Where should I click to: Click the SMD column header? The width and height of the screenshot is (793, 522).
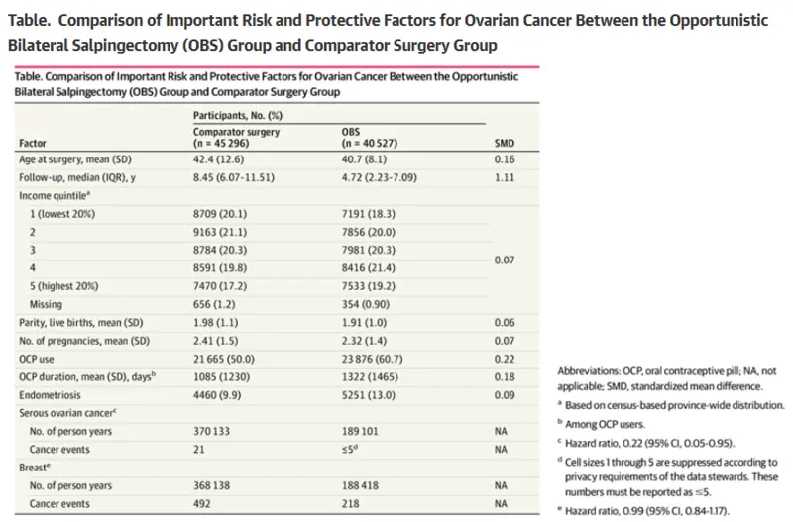click(x=505, y=143)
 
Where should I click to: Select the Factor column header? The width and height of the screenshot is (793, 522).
click(x=33, y=143)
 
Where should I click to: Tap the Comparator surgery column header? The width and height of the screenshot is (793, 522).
click(x=236, y=138)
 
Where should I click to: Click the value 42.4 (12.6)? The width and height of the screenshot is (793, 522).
click(x=218, y=159)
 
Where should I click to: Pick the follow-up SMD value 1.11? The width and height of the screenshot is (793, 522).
click(x=505, y=178)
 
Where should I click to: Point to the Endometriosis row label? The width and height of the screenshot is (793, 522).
click(x=50, y=395)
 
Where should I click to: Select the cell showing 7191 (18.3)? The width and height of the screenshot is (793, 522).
click(x=368, y=214)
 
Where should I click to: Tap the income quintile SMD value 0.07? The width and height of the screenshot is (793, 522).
click(x=505, y=260)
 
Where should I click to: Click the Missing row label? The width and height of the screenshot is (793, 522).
click(x=46, y=304)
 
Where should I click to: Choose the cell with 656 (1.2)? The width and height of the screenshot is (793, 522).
click(x=214, y=304)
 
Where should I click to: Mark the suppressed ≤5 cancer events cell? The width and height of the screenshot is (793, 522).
click(x=350, y=450)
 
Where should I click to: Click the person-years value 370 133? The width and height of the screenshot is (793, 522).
click(x=211, y=431)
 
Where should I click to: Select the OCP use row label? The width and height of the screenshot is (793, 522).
click(x=37, y=359)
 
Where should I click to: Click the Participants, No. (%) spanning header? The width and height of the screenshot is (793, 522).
click(x=238, y=115)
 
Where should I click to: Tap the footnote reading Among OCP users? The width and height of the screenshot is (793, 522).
click(x=602, y=425)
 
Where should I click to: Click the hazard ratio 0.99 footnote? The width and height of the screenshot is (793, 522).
click(x=643, y=511)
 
